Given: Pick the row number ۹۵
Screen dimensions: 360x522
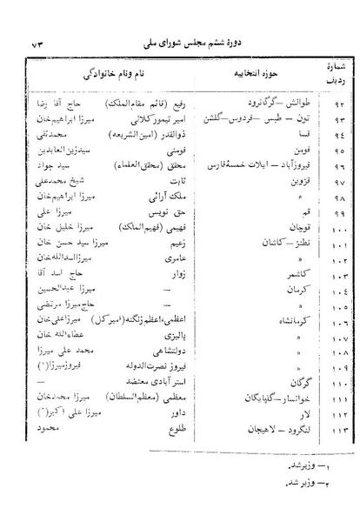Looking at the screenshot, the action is click(326, 150).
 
